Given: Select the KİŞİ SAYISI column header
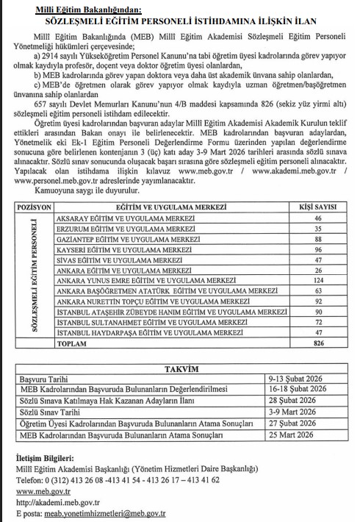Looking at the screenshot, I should [318, 207].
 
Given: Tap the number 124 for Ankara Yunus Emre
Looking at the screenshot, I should [318, 280].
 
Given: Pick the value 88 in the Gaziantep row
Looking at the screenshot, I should [318, 239].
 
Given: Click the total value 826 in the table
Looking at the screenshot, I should [318, 342].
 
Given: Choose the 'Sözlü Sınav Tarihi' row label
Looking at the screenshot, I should [51, 414].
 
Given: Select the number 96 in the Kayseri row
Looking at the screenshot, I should [318, 249].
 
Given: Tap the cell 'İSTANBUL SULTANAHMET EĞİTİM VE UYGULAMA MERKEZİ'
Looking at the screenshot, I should [151, 321].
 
